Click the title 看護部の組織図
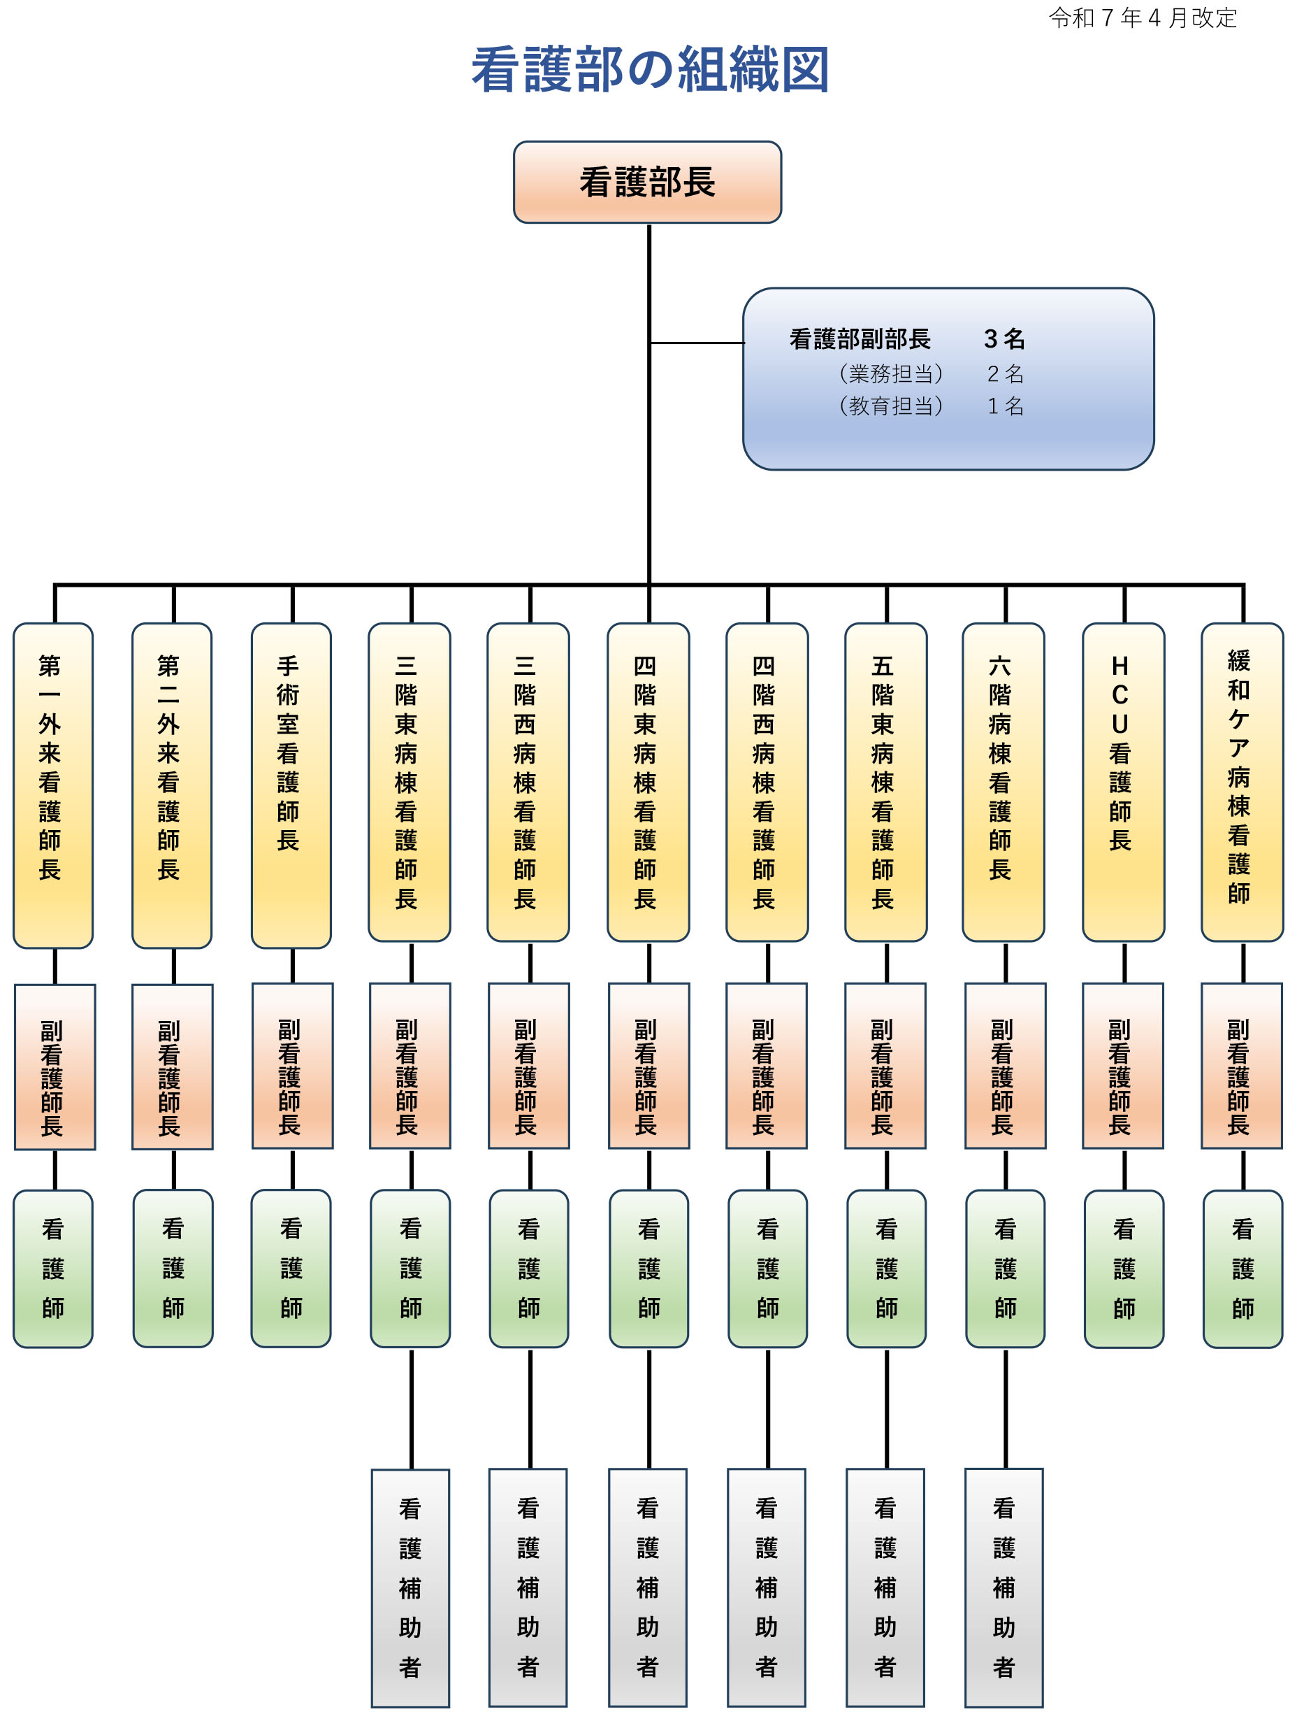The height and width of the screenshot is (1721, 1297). (650, 70)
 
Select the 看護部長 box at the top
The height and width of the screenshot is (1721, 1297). (647, 182)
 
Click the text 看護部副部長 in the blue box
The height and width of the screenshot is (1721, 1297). (860, 339)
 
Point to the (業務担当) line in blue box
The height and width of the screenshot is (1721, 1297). (891, 374)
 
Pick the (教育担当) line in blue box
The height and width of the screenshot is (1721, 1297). (891, 406)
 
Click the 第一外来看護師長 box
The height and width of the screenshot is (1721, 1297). (53, 785)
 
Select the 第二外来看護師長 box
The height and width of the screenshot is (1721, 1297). (172, 785)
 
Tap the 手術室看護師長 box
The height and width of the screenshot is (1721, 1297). (291, 785)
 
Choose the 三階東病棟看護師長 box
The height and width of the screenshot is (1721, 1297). (409, 782)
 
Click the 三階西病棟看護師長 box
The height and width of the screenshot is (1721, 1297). (528, 782)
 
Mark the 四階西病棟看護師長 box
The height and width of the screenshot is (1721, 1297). (767, 782)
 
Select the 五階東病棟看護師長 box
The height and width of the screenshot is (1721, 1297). (885, 782)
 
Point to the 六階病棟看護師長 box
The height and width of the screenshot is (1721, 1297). (1003, 782)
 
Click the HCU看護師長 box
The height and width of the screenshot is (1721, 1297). (1123, 782)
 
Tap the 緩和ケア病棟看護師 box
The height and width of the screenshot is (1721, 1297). (1242, 782)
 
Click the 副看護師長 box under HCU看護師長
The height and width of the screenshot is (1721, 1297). (1123, 1066)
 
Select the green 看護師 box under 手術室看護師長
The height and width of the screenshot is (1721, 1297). (291, 1268)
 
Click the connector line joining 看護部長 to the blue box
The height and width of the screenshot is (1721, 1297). (697, 343)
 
